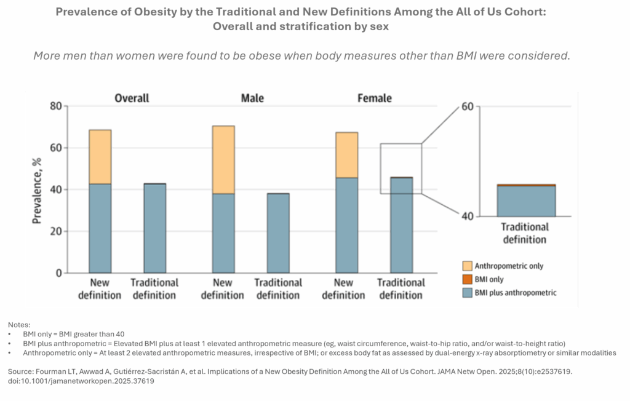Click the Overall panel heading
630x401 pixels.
132,98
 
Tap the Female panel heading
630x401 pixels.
375,98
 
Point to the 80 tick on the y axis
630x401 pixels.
55,106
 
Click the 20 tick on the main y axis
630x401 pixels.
55,232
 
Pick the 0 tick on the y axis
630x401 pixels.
58,273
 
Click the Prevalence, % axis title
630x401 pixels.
38,189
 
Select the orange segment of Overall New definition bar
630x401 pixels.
100,157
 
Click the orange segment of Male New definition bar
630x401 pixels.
223,160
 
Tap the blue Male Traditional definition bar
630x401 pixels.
278,233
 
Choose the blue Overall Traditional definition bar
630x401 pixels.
154,228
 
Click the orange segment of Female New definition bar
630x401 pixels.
346,155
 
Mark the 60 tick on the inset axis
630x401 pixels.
467,107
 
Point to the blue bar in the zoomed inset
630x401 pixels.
526,201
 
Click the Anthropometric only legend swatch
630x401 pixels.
467,266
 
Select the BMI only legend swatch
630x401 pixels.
467,280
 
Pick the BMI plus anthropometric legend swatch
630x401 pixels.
467,293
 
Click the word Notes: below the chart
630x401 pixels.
19,324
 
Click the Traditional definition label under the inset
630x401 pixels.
525,233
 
